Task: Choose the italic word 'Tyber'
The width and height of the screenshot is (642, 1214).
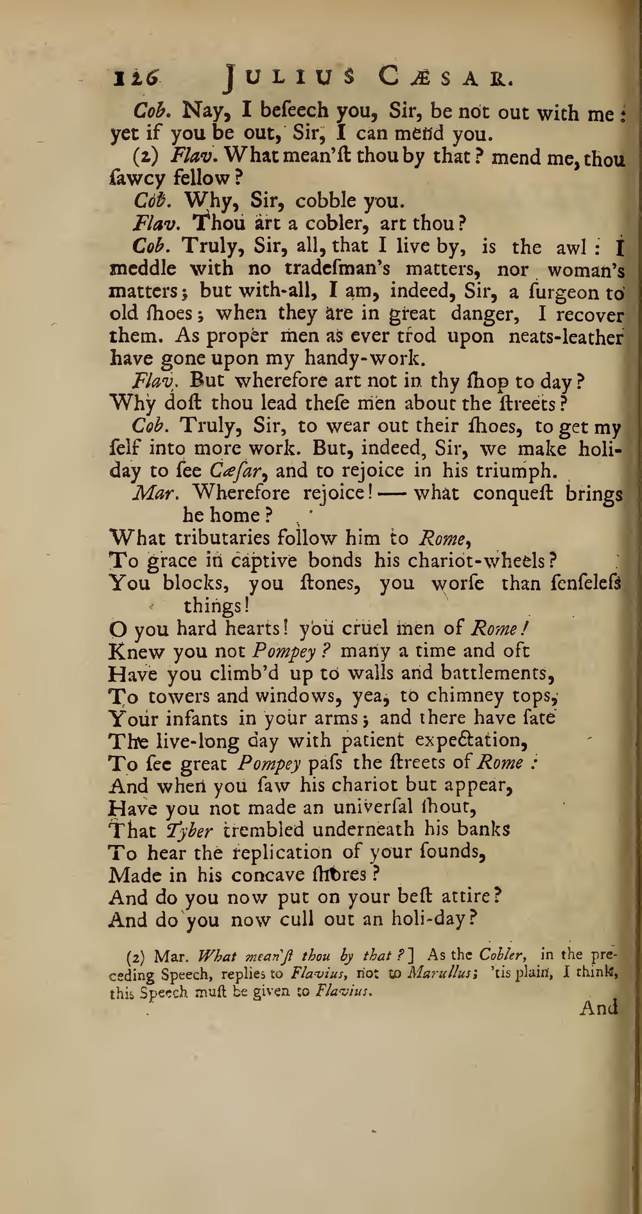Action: pos(189,830)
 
